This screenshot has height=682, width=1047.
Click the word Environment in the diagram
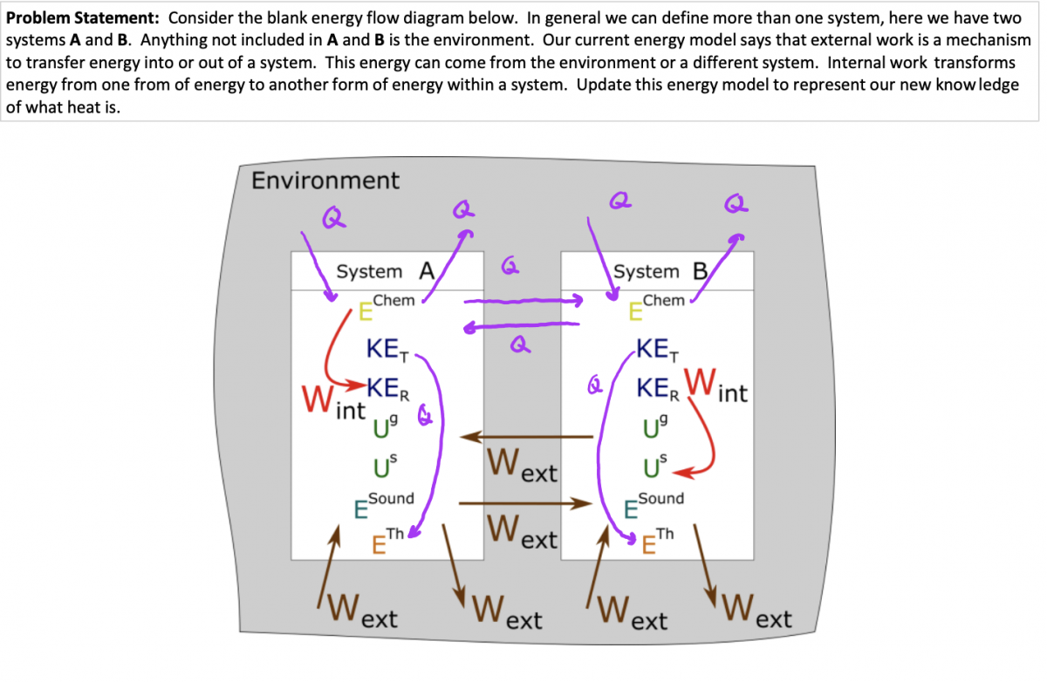tap(325, 181)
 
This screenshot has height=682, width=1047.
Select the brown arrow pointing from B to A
tap(527, 435)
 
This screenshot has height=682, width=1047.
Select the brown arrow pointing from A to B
tap(520, 503)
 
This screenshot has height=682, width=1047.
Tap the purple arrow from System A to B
tap(523, 301)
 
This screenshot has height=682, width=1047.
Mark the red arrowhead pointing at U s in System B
tap(682, 472)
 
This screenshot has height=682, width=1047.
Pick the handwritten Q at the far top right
tap(736, 205)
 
